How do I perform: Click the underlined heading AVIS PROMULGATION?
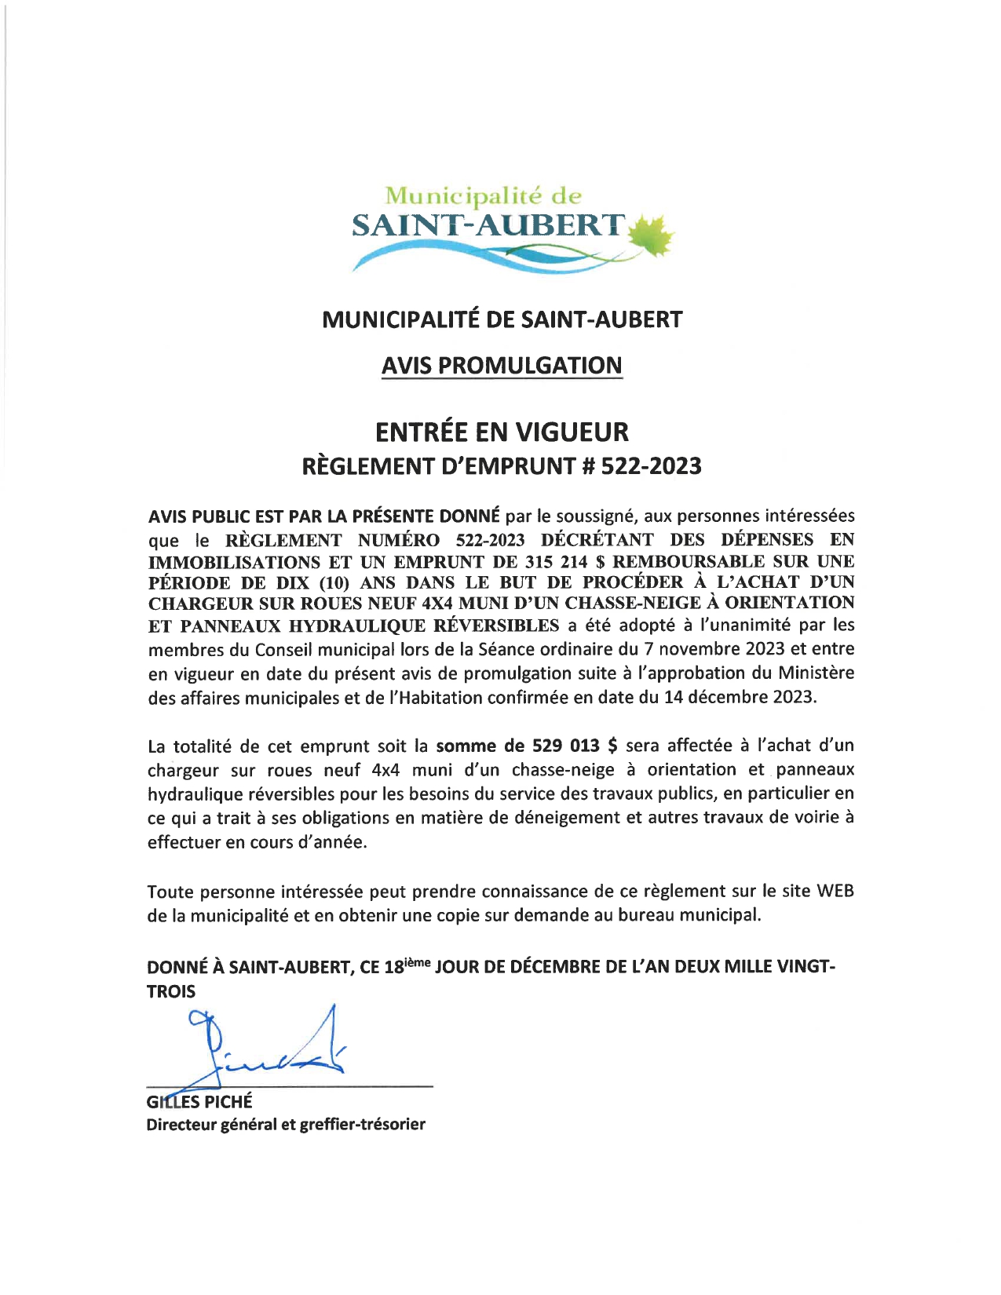(502, 366)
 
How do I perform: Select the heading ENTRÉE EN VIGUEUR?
(502, 432)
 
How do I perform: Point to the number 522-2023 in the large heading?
(651, 466)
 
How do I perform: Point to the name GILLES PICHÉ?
(199, 1101)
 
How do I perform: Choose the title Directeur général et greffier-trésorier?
(286, 1125)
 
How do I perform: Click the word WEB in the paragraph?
(835, 891)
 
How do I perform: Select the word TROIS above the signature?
(171, 991)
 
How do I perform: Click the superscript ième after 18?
(417, 961)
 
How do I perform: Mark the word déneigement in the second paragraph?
(566, 818)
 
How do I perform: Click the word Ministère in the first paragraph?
(817, 673)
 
